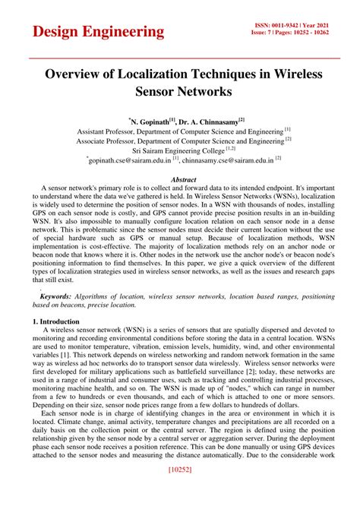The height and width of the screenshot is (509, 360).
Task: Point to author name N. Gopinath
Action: click(150, 120)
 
